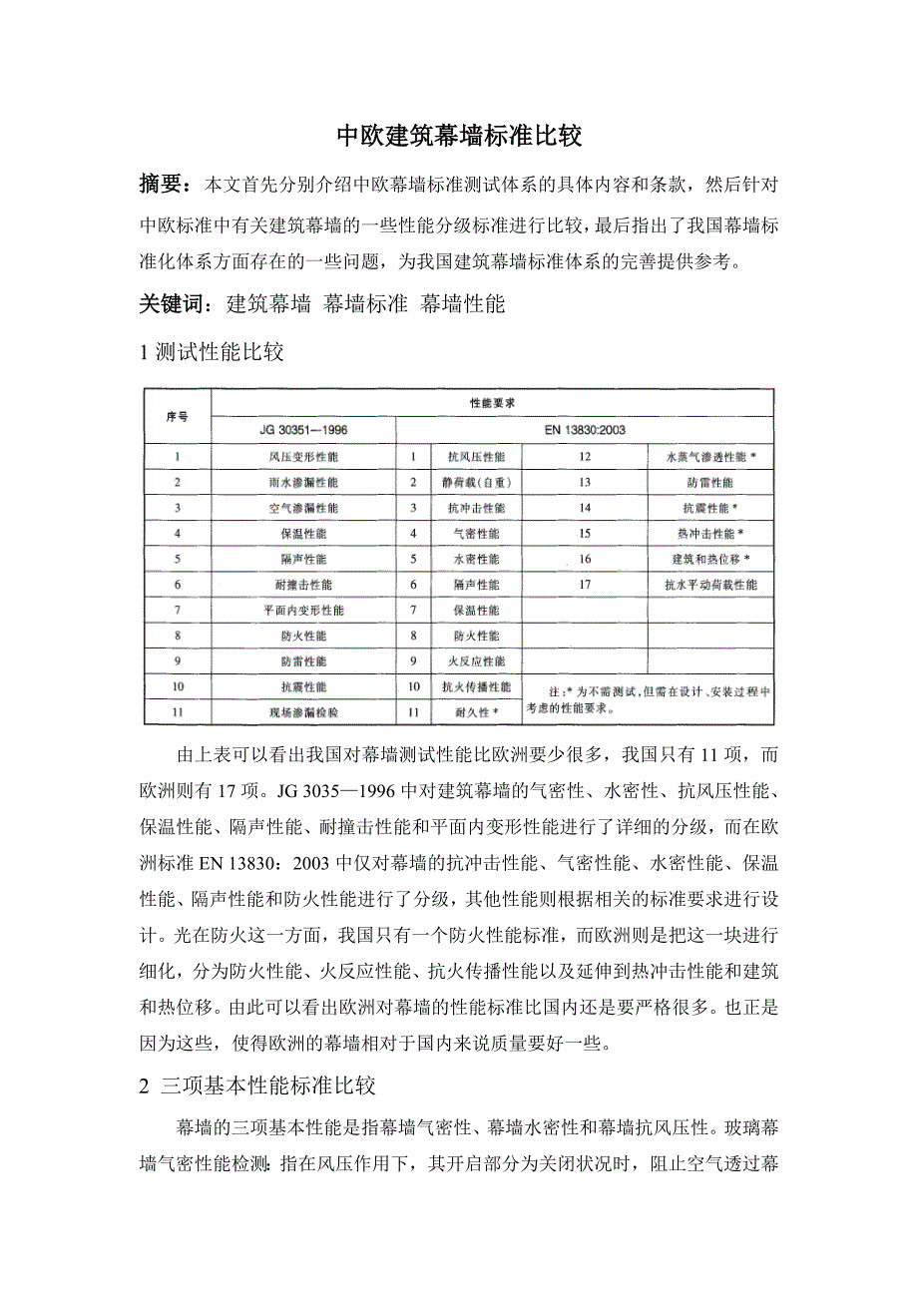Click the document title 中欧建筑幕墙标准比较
click(x=458, y=137)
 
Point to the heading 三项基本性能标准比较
click(x=267, y=1084)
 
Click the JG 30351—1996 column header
click(x=302, y=430)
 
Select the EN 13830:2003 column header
click(x=585, y=430)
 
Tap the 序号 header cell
click(x=177, y=416)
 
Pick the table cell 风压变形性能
click(x=302, y=457)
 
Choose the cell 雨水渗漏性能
click(x=302, y=483)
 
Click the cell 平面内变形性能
click(x=302, y=610)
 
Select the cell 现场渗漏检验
click(x=302, y=712)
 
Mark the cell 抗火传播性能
click(x=477, y=687)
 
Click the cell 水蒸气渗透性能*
click(x=710, y=457)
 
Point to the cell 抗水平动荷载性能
click(x=710, y=585)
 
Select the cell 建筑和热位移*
click(x=710, y=559)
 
